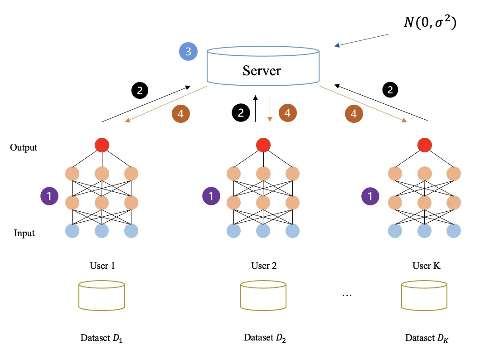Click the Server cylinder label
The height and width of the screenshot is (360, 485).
[x=262, y=71]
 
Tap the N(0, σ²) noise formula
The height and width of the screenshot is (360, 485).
[x=430, y=22]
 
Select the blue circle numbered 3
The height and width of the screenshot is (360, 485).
[x=188, y=51]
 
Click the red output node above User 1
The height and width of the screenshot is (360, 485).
[x=102, y=145]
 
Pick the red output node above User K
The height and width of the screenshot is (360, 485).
[x=424, y=145]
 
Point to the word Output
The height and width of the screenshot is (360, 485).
[x=24, y=148]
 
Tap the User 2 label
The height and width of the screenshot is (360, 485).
[x=264, y=266]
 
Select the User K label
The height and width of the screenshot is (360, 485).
[x=426, y=266]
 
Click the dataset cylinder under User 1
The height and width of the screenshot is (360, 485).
[x=102, y=295]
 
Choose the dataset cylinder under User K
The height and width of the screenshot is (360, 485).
[x=425, y=295]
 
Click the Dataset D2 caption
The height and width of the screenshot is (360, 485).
[x=265, y=338]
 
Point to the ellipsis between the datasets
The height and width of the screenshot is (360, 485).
[x=347, y=295]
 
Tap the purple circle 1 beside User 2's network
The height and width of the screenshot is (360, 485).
[x=210, y=196]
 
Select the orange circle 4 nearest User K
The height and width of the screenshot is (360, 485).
[x=354, y=114]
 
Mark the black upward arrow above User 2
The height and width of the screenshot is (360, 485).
[x=256, y=109]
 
